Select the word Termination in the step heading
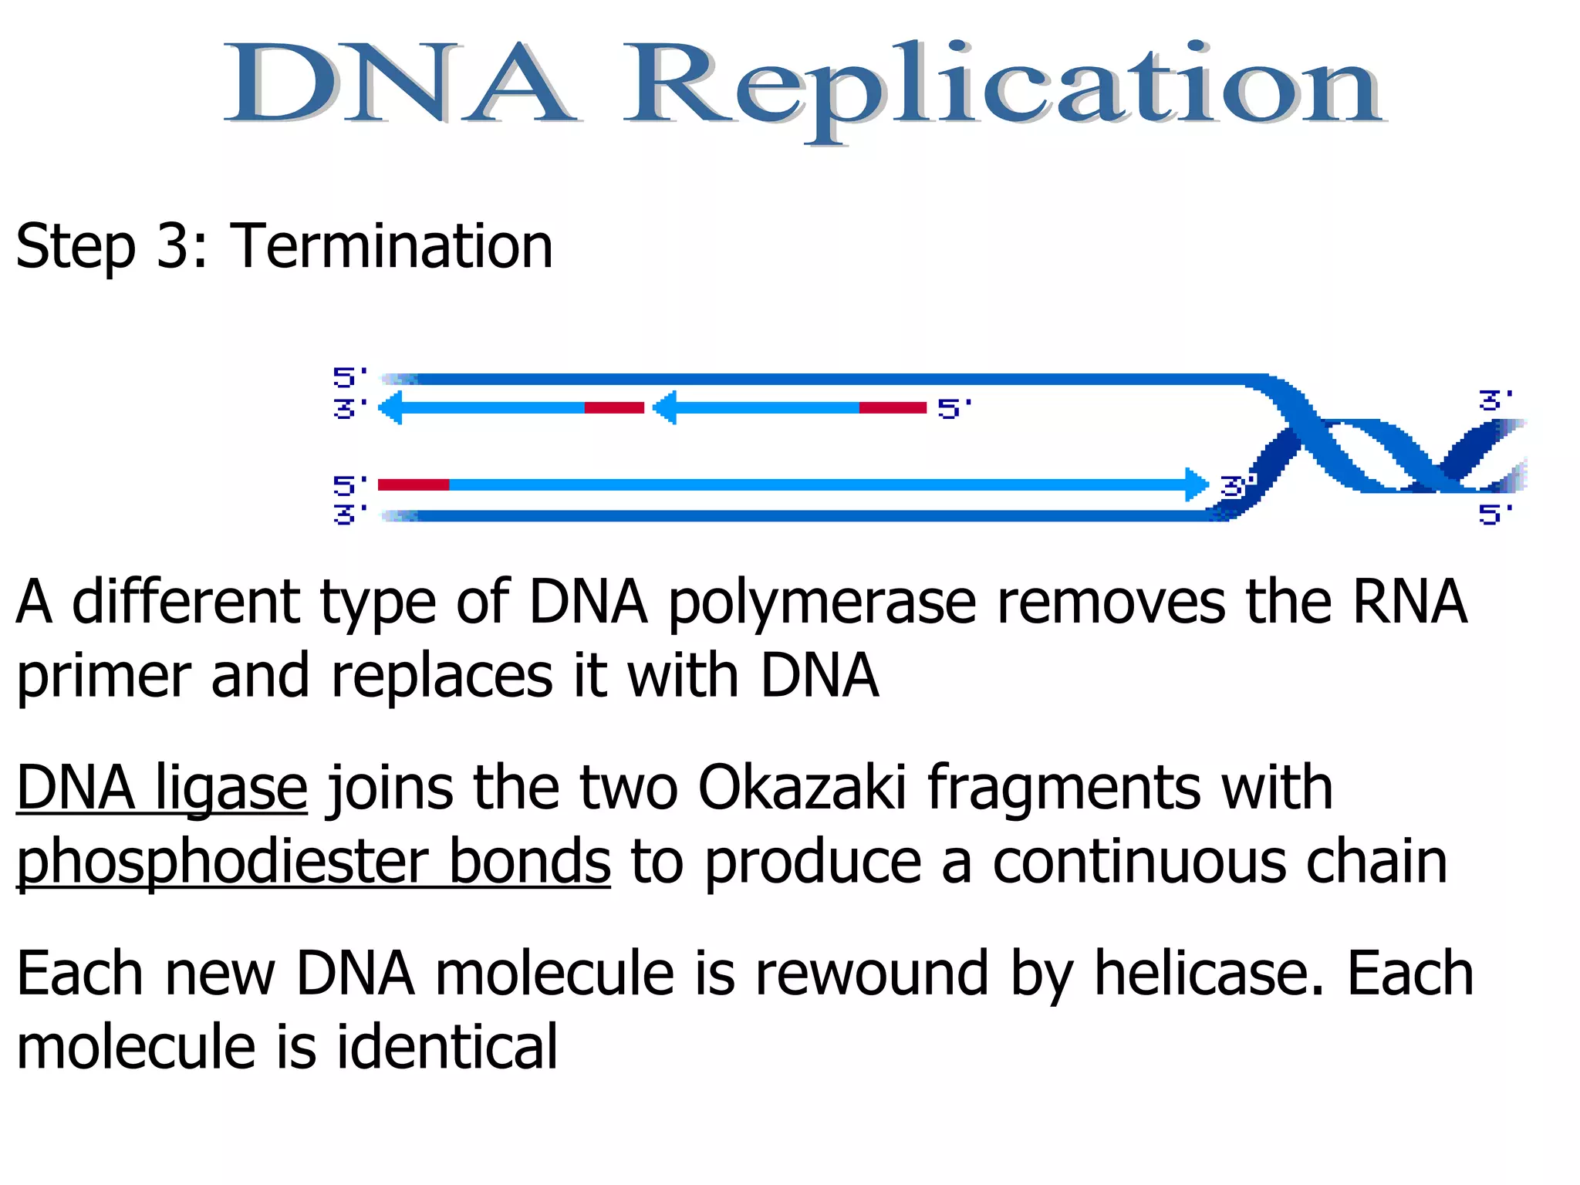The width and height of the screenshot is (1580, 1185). [x=391, y=247]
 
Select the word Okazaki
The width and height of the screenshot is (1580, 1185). [x=802, y=788]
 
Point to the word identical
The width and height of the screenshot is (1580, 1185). [x=447, y=1048]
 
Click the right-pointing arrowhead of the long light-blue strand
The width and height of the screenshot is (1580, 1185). [x=1197, y=484]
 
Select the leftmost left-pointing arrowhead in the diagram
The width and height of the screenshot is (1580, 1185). [x=391, y=407]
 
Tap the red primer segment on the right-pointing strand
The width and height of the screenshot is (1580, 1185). [x=414, y=484]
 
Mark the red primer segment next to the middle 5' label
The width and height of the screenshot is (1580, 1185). [x=893, y=407]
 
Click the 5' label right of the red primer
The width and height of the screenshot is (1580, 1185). [x=954, y=408]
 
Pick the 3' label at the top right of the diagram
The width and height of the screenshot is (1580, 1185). [x=1495, y=400]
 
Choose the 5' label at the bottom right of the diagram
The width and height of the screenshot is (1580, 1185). [x=1495, y=514]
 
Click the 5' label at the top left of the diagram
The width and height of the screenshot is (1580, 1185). [x=349, y=377]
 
